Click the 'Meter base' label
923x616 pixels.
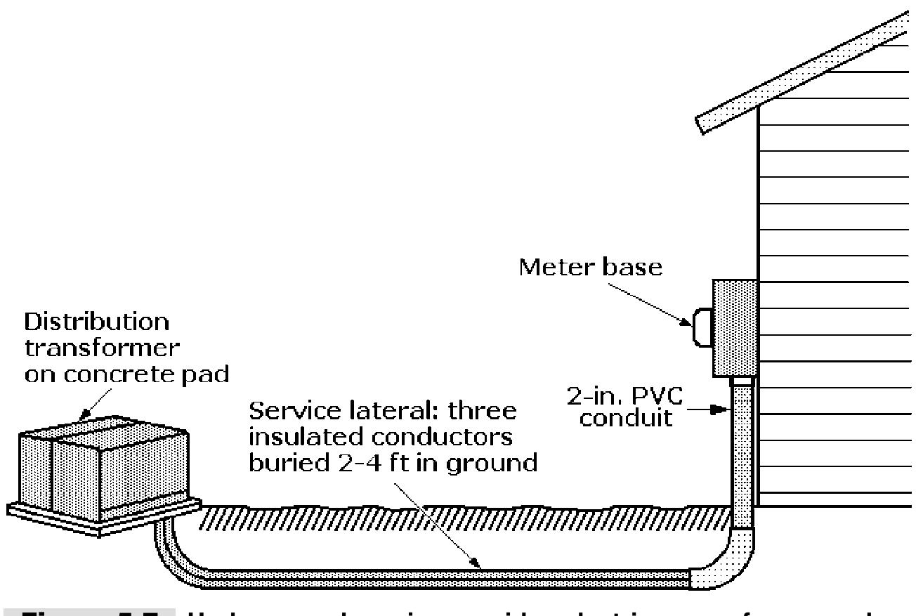(590, 268)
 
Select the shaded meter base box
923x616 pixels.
(735, 328)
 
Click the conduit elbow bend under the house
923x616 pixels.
(731, 562)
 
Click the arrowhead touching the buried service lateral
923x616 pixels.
(478, 563)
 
